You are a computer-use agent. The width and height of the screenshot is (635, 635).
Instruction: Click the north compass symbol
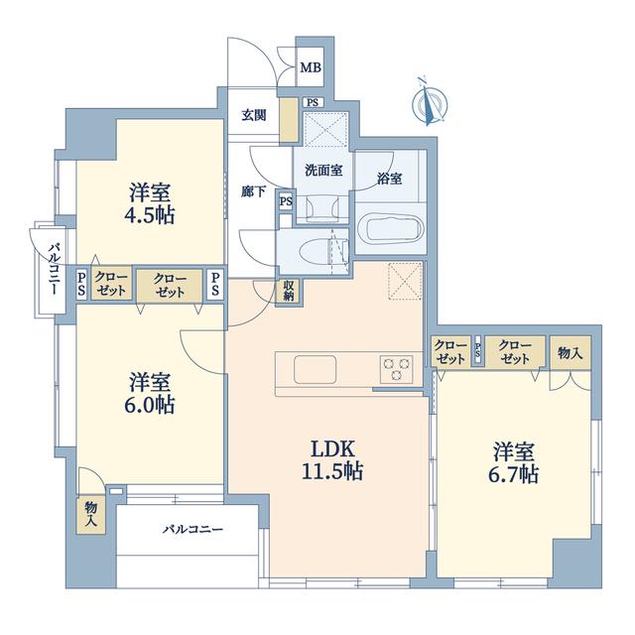tap(430, 103)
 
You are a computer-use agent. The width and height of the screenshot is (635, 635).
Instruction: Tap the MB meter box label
tap(311, 67)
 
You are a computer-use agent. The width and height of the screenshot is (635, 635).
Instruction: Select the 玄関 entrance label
tap(254, 115)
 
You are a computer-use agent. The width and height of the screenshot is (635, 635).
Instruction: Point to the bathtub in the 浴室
tap(392, 229)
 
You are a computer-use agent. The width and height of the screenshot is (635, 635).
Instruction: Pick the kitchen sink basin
tap(315, 369)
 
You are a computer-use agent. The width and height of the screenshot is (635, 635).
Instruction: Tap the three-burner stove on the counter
tap(396, 369)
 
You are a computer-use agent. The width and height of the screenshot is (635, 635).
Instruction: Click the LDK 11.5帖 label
tap(332, 460)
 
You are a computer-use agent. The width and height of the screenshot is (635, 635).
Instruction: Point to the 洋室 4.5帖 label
tap(150, 203)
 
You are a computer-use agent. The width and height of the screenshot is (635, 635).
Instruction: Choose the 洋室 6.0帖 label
tap(150, 393)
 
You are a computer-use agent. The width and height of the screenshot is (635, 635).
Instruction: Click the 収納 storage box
tap(289, 291)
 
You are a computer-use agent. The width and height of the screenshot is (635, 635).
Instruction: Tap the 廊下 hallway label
tap(254, 191)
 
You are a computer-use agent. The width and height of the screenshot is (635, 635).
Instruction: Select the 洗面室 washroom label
tap(323, 171)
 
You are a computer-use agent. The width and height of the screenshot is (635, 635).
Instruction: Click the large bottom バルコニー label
tap(192, 529)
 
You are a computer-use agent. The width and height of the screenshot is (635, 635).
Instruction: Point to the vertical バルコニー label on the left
tap(55, 269)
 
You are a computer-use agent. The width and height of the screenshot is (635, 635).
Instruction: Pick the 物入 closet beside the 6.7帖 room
tap(571, 352)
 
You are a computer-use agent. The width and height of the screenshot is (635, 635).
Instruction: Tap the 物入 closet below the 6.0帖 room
tap(90, 514)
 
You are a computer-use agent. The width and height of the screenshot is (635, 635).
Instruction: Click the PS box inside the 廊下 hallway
tap(287, 201)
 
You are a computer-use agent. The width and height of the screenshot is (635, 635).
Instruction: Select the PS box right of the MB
tap(313, 103)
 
